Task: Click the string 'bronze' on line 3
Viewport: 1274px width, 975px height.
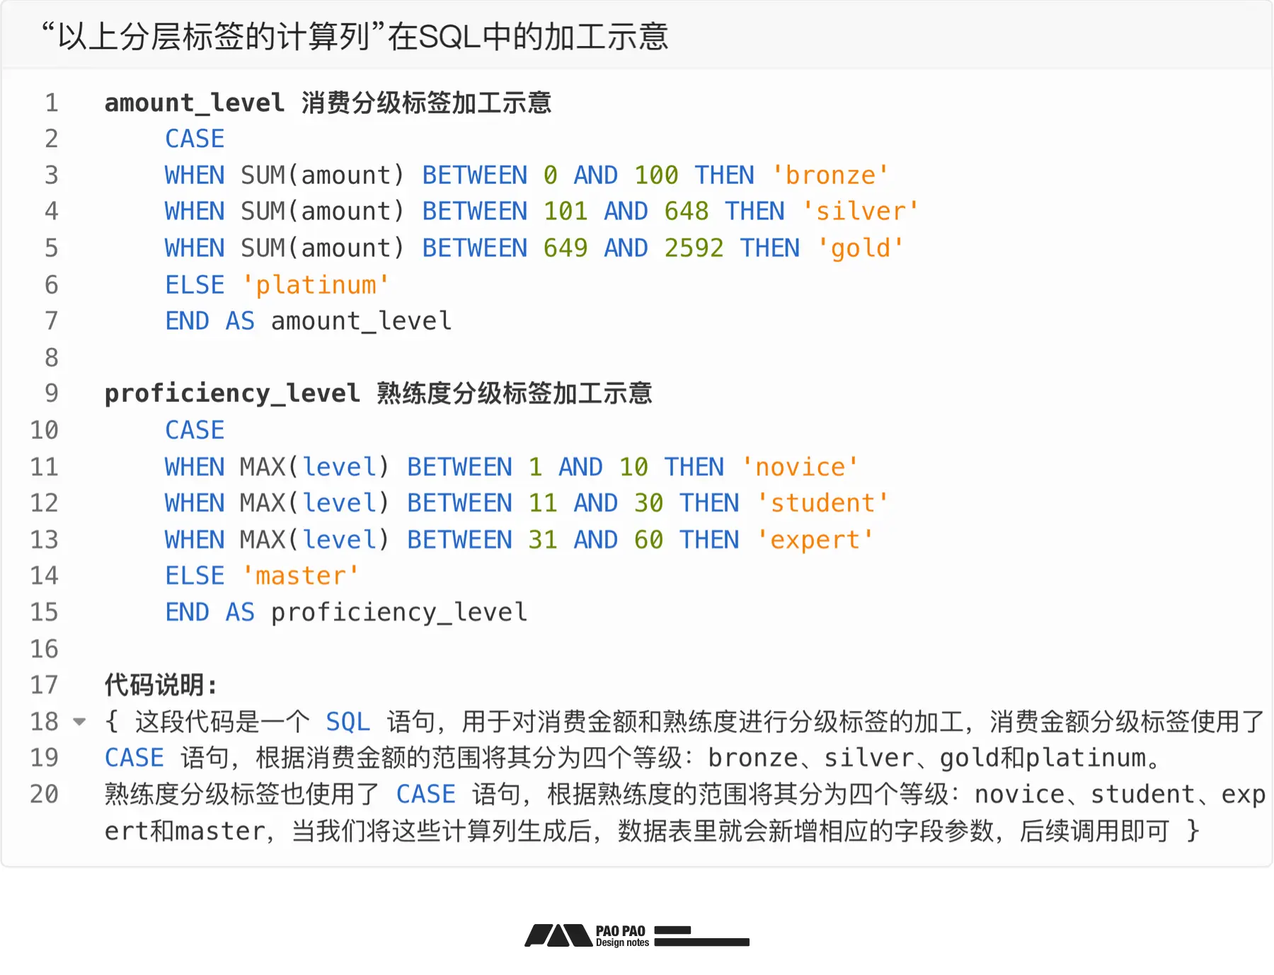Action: pos(830,175)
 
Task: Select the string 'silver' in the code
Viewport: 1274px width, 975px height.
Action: pos(861,211)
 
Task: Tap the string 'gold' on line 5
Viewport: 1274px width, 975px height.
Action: pos(861,248)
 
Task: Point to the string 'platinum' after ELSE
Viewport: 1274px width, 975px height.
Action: pos(316,284)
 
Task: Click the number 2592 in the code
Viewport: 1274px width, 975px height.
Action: pos(694,248)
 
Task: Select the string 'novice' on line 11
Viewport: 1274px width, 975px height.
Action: pos(800,467)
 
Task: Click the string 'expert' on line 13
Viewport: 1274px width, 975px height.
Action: pos(815,540)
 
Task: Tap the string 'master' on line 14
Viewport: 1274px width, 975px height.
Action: pos(301,575)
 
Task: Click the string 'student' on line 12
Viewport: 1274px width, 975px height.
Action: pos(822,503)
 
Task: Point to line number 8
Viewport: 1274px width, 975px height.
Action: pos(52,357)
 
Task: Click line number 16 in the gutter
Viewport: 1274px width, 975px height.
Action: pos(44,649)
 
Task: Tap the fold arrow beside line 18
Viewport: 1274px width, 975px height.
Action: pos(80,722)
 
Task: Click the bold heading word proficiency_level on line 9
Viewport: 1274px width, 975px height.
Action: pos(232,393)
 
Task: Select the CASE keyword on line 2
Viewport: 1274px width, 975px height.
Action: pos(195,139)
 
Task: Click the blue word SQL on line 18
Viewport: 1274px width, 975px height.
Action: pos(348,722)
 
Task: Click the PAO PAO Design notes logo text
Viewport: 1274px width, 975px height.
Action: pos(621,936)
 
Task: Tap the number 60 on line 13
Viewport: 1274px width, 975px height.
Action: pos(648,540)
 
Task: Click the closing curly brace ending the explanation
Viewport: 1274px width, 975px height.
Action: pos(1193,831)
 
